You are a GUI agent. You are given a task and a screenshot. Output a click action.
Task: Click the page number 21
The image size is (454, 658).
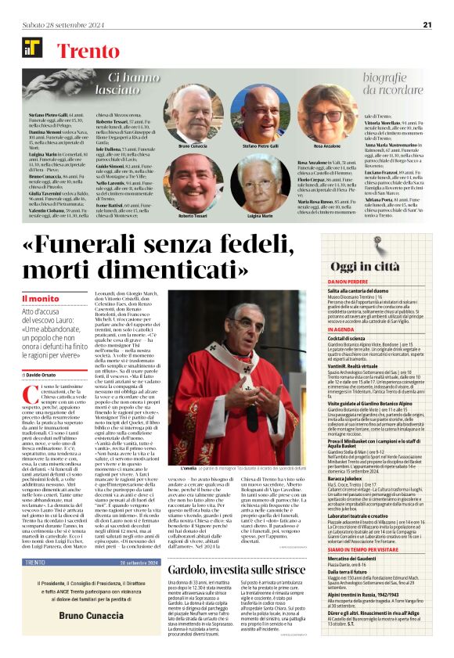point(427,24)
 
